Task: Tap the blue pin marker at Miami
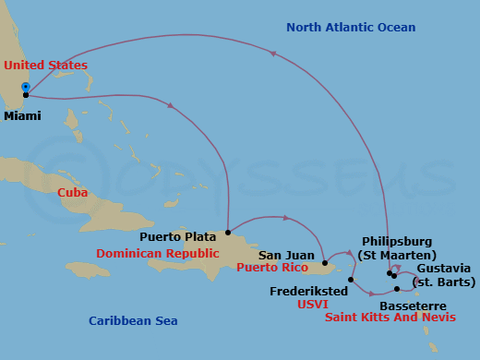click(x=26, y=87)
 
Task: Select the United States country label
click(x=45, y=66)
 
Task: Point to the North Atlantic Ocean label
click(x=351, y=28)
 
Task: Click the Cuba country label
click(x=73, y=193)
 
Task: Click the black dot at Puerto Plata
click(x=227, y=233)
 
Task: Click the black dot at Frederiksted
click(x=351, y=280)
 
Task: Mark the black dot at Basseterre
click(x=397, y=290)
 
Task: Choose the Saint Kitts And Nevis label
click(x=390, y=318)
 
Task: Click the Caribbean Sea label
click(x=133, y=321)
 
